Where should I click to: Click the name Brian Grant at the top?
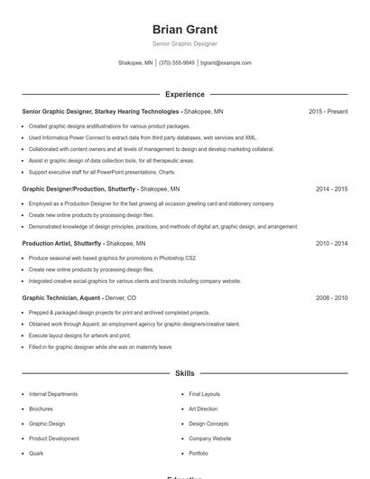pyautogui.click(x=185, y=29)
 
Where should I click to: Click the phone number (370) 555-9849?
pyautogui.click(x=177, y=63)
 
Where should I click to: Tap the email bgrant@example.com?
pyautogui.click(x=226, y=63)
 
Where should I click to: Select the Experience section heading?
pyautogui.click(x=185, y=94)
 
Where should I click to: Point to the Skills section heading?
pyautogui.click(x=185, y=372)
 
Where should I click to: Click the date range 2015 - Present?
pyautogui.click(x=328, y=111)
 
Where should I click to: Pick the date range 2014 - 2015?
pyautogui.click(x=331, y=190)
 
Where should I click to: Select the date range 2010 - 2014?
pyautogui.click(x=331, y=243)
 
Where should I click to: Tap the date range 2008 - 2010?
pyautogui.click(x=331, y=297)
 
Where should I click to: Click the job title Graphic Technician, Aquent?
pyautogui.click(x=61, y=297)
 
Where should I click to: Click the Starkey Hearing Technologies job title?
pyautogui.click(x=101, y=111)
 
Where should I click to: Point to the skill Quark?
pyautogui.click(x=36, y=453)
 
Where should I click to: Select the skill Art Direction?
pyautogui.click(x=203, y=409)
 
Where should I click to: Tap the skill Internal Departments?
pyautogui.click(x=53, y=394)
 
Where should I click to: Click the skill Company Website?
pyautogui.click(x=209, y=438)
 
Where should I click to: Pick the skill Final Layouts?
pyautogui.click(x=204, y=394)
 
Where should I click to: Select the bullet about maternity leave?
pyautogui.click(x=100, y=346)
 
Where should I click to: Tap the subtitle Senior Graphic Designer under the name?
pyautogui.click(x=185, y=43)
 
